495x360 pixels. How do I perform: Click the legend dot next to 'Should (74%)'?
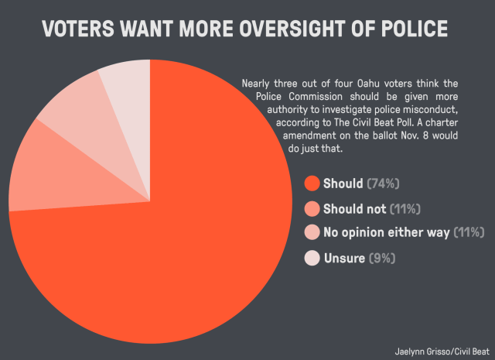(x=312, y=183)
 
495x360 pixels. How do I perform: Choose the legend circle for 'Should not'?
(x=312, y=209)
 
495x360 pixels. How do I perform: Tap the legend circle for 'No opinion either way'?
(x=312, y=232)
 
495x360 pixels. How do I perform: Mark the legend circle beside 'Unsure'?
(x=312, y=259)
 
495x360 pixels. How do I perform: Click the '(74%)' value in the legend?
(x=384, y=183)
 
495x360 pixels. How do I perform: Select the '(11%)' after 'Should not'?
(x=405, y=209)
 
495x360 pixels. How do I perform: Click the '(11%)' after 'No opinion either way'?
(x=469, y=232)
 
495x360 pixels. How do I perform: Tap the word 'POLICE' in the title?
(x=415, y=29)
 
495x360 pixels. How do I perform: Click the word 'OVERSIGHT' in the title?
(x=291, y=29)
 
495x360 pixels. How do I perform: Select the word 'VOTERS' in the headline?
(x=78, y=29)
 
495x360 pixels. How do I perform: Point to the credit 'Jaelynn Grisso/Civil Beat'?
(x=442, y=351)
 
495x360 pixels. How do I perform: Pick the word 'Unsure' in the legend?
(x=344, y=259)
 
